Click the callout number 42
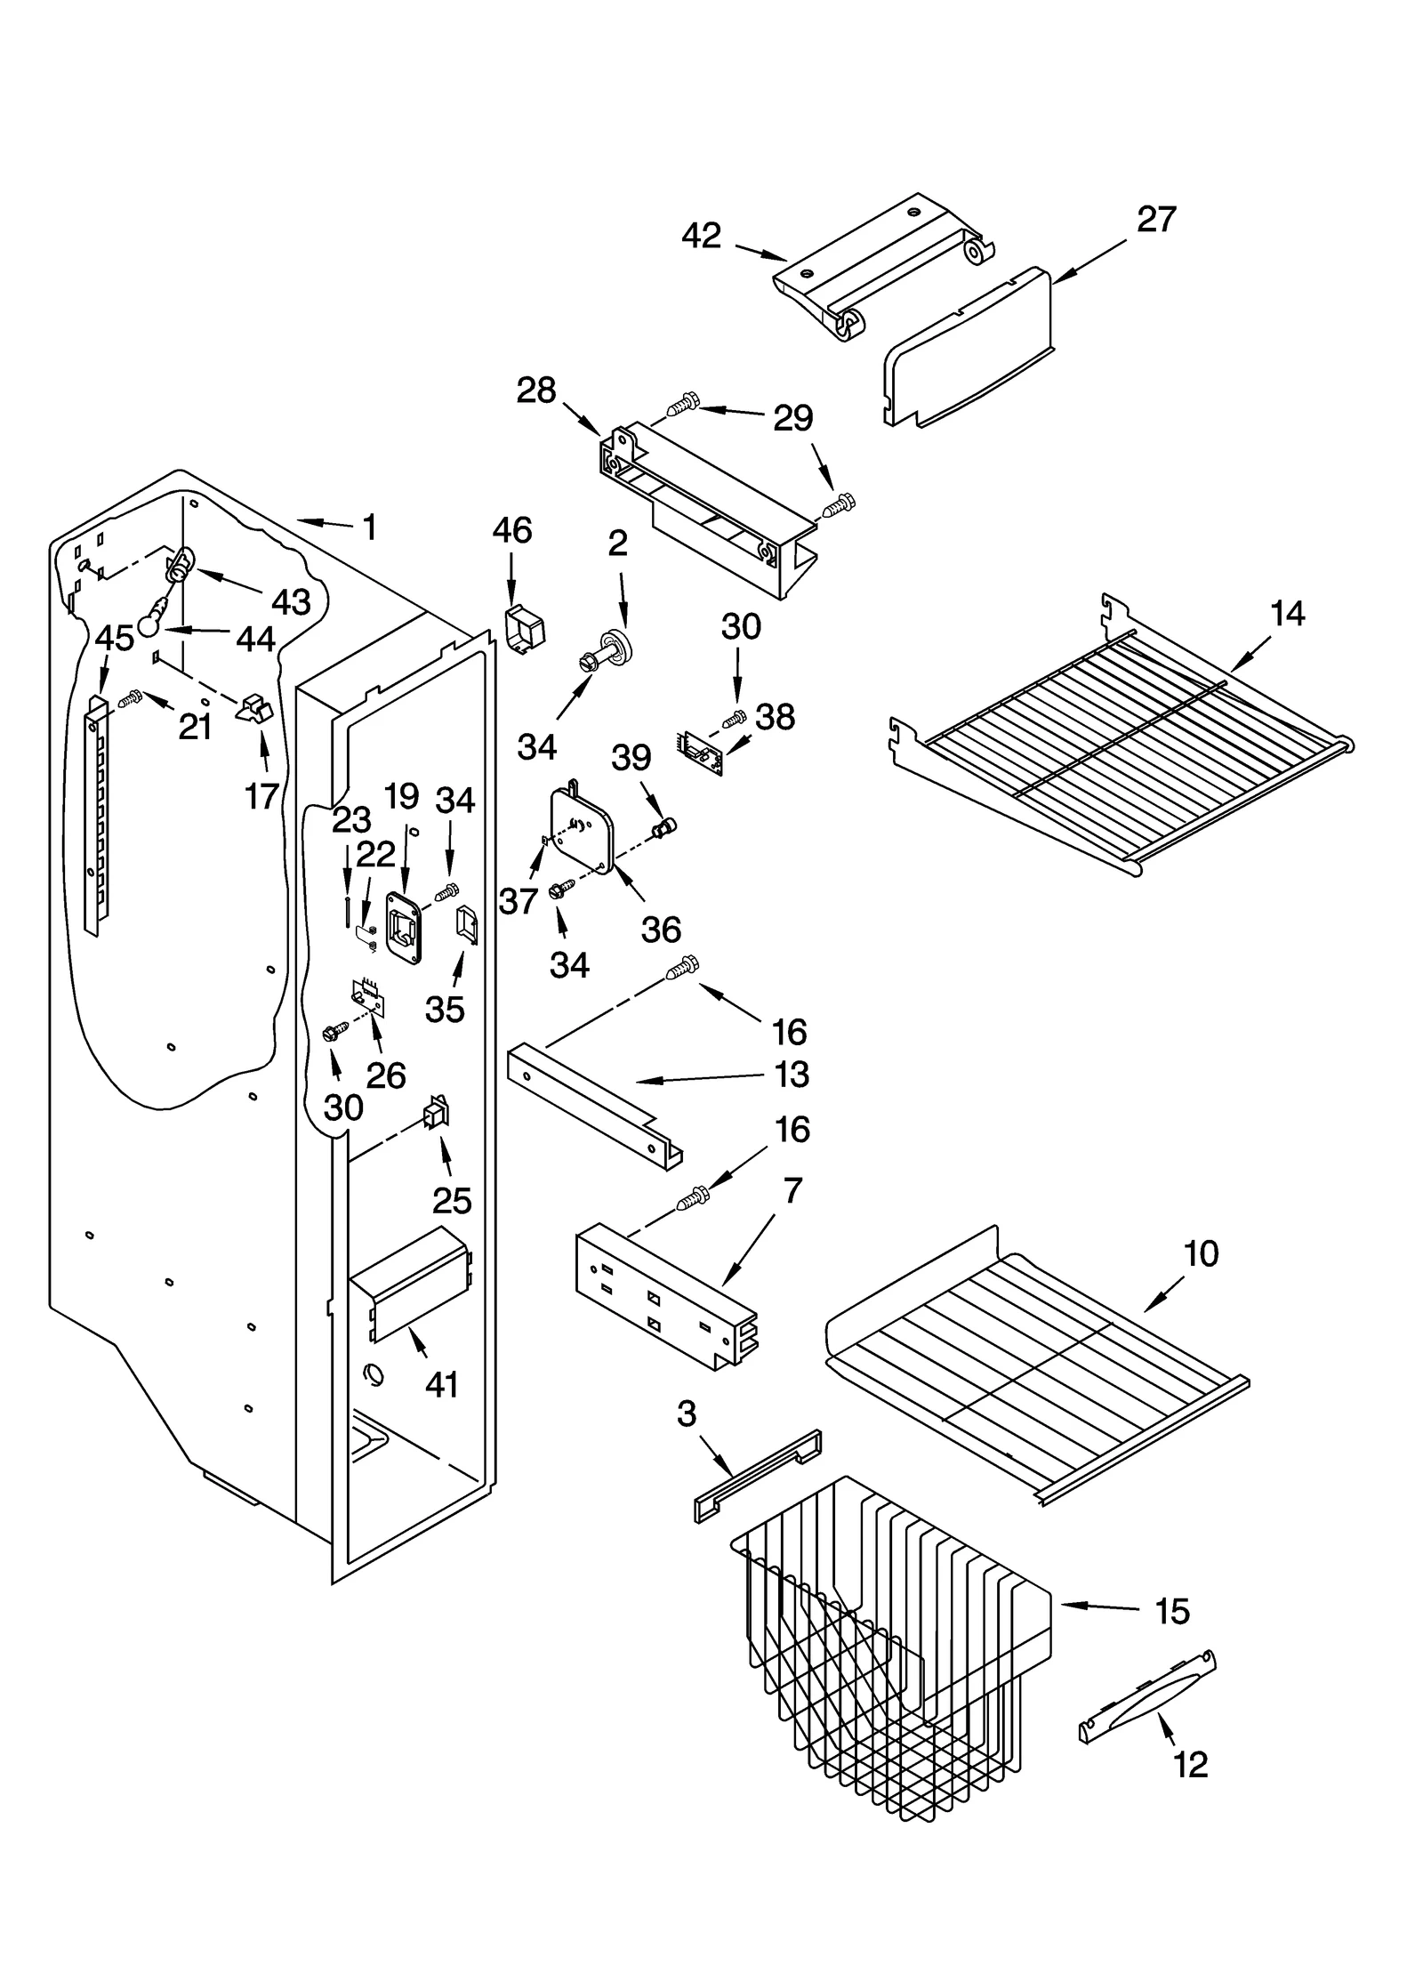(x=701, y=236)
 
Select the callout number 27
(x=1156, y=219)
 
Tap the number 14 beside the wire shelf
(x=1288, y=613)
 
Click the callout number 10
(x=1201, y=1254)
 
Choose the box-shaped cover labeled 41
(x=409, y=1281)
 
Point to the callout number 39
(x=631, y=758)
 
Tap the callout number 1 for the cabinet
(x=370, y=527)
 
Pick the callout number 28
(x=536, y=391)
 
